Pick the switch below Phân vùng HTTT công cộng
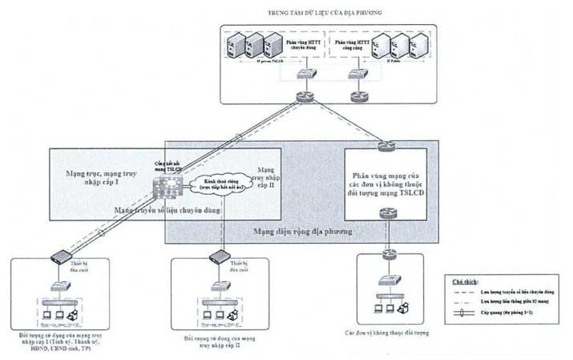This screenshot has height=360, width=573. pos(357,73)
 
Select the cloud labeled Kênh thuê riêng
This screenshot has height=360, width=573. pos(217,187)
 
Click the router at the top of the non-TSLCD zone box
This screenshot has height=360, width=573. pos(387,145)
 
